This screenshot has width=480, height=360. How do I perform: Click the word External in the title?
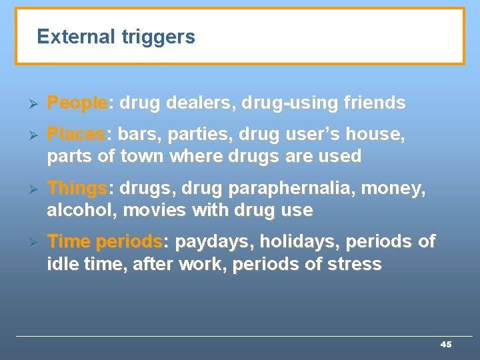point(77,37)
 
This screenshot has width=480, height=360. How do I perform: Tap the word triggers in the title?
point(158,37)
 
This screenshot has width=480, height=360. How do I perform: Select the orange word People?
point(77,103)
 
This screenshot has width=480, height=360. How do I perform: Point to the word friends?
point(375,103)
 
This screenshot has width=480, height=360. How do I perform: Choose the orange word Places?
point(75,135)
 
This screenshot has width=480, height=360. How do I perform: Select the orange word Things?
point(77,189)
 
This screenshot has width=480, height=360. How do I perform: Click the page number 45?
point(446,344)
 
